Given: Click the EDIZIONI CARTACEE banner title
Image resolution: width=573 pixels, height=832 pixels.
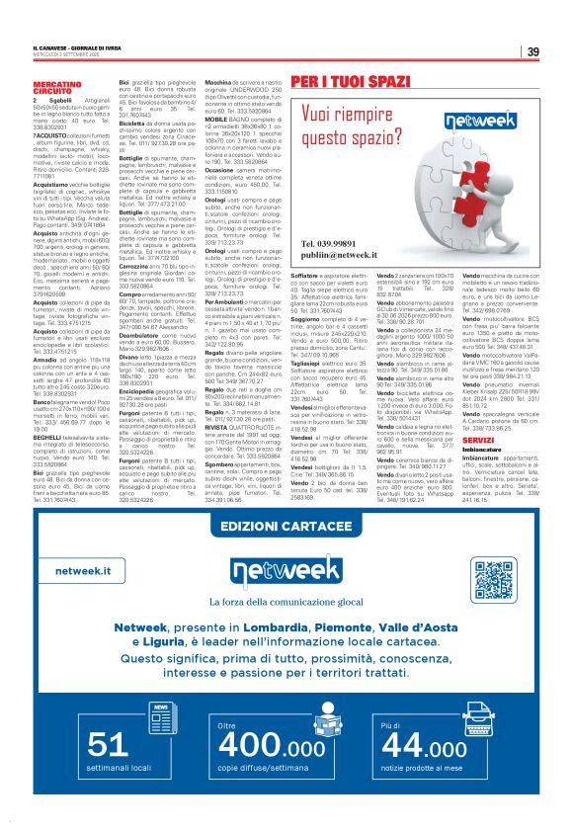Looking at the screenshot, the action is (286, 525).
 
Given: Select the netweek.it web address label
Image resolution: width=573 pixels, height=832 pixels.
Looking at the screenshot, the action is (84, 571).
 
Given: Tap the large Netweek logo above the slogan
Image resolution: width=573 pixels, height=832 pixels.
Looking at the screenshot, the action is (286, 576).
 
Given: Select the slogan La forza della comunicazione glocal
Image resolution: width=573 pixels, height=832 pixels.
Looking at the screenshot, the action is (286, 605).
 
